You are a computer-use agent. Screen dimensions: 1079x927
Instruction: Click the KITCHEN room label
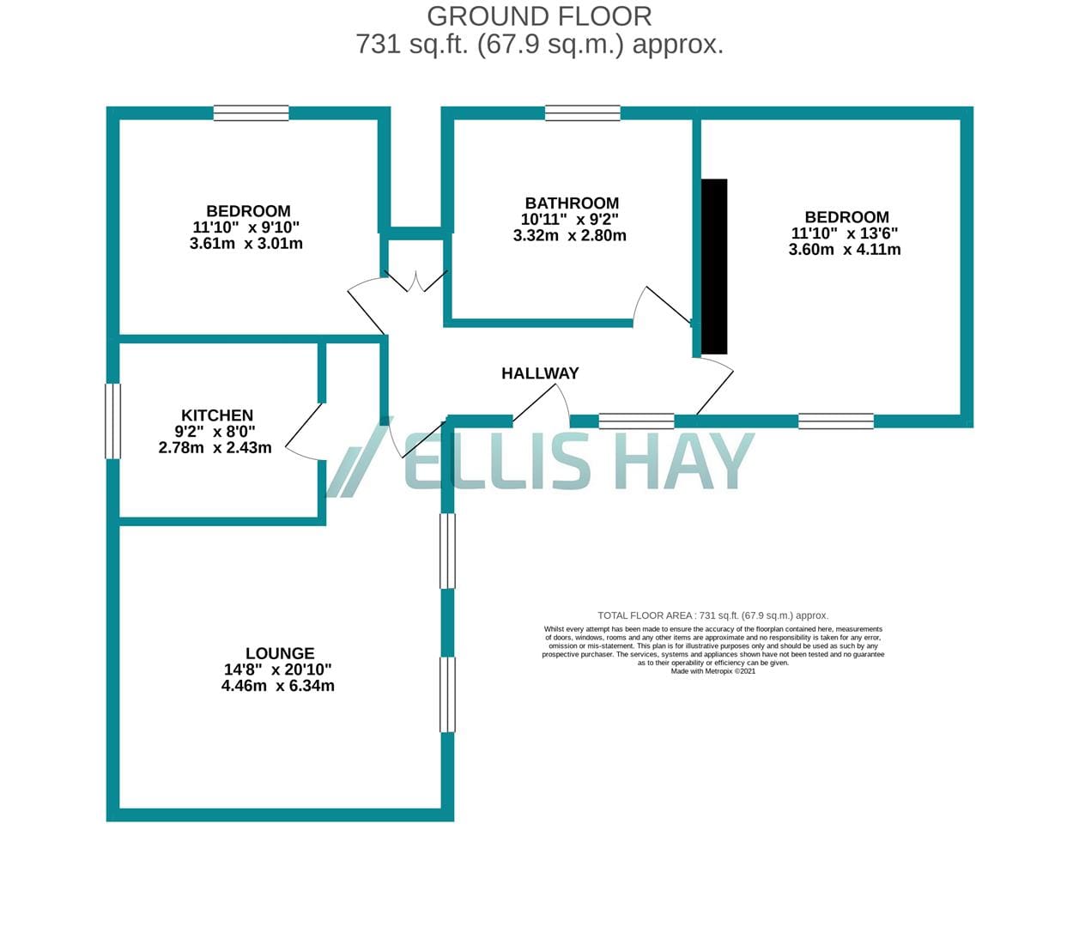tap(217, 415)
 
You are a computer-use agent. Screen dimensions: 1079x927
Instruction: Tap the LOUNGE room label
tap(280, 653)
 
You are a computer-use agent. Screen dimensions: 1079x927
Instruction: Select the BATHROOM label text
tap(572, 203)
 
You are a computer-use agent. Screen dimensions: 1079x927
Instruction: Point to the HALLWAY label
tap(540, 373)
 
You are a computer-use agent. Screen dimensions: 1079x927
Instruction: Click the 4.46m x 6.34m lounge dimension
tap(278, 685)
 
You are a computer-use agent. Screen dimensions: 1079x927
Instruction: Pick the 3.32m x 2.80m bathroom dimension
tap(569, 235)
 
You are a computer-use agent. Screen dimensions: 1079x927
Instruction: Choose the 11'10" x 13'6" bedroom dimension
tap(844, 233)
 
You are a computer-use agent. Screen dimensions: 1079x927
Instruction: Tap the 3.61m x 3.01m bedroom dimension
tap(246, 243)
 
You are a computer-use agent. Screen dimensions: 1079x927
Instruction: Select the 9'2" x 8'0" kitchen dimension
tap(215, 431)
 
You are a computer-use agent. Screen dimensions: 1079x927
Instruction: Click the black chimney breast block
tap(714, 267)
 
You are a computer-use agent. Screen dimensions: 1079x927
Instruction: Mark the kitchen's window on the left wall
tap(113, 421)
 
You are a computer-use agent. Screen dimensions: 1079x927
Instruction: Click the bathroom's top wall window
tap(583, 113)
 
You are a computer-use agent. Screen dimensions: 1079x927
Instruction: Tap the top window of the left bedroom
tap(252, 113)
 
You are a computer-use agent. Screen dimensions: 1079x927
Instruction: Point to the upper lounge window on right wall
tap(447, 551)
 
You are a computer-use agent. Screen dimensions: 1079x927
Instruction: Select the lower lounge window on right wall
tap(447, 694)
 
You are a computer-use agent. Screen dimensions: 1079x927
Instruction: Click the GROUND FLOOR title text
tap(539, 16)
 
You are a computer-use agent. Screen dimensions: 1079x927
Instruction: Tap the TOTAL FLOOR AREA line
tap(713, 616)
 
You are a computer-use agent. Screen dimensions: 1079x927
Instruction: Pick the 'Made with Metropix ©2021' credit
tap(713, 671)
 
